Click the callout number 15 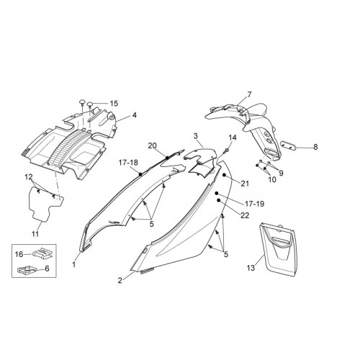[114, 104]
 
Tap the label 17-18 [128, 163]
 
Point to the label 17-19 [255, 204]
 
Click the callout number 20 [153, 145]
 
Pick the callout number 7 [249, 94]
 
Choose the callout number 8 [315, 147]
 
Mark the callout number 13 [251, 268]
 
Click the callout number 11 [35, 234]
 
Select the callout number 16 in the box [19, 254]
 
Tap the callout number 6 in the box [47, 269]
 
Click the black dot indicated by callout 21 [224, 175]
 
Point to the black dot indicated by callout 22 [219, 200]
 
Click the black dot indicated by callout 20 [167, 158]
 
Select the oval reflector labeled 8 [288, 145]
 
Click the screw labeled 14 [227, 150]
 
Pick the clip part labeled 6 [27, 271]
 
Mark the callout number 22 [245, 215]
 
